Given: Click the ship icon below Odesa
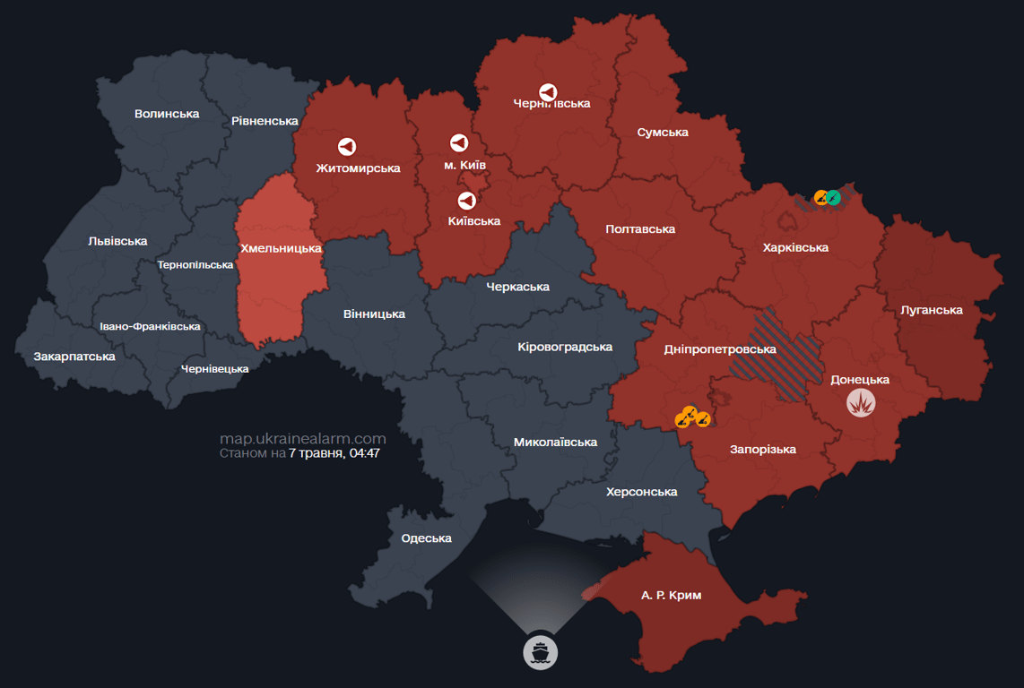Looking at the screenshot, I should pos(540,651).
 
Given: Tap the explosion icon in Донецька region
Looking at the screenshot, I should pos(861,402).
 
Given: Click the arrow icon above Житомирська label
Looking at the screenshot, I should pos(346,146).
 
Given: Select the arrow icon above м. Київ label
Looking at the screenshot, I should pos(458,143).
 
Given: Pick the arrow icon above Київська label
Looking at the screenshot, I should pos(466,200).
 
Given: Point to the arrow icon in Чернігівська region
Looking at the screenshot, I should pos(548,92).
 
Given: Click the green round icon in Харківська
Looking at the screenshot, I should pos(833,197).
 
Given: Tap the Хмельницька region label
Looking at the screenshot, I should pos(281,248).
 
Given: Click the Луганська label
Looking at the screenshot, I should pos(932,310).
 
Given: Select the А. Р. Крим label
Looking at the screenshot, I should pos(671,595).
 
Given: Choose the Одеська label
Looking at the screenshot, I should pos(426,538).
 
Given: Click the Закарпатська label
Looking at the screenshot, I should pos(74,357).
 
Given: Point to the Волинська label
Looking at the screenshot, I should pos(167,114).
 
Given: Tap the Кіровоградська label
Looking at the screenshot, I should pos(565,347).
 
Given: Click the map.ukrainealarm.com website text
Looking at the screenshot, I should pos(302,439).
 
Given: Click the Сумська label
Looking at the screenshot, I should pos(663,133).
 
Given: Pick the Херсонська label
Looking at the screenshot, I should pos(641,492).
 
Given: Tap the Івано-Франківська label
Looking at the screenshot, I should pos(150,327).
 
